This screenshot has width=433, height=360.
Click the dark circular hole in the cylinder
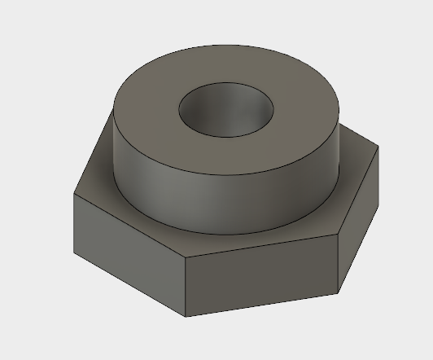226,112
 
